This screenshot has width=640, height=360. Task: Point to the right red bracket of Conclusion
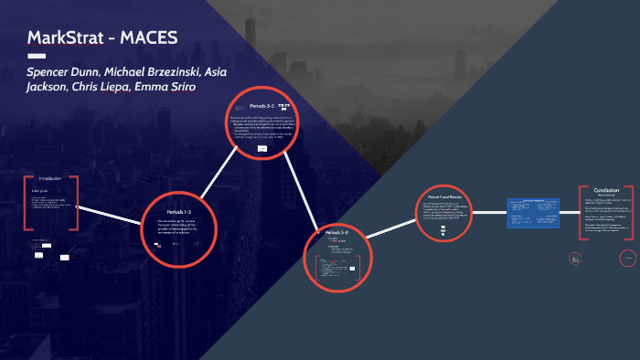634,213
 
